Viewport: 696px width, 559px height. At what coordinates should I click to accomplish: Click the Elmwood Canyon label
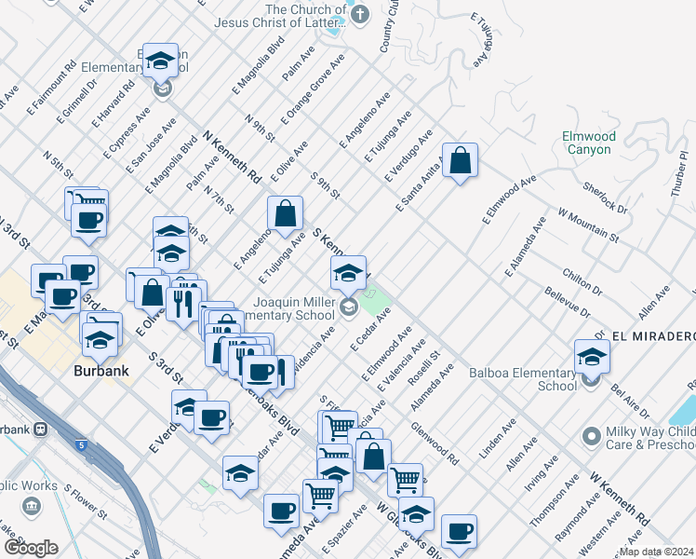coord(587,143)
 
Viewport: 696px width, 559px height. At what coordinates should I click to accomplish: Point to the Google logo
coord(31,548)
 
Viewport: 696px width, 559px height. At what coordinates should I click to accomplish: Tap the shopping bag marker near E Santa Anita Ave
coord(460,161)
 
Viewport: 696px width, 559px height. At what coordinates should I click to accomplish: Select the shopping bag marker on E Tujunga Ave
coord(285,214)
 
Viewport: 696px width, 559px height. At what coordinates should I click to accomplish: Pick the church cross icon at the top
coord(361,12)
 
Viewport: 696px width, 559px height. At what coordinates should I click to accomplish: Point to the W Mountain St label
coord(588,225)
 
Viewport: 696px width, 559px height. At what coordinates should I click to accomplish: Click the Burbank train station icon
coord(39,429)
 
